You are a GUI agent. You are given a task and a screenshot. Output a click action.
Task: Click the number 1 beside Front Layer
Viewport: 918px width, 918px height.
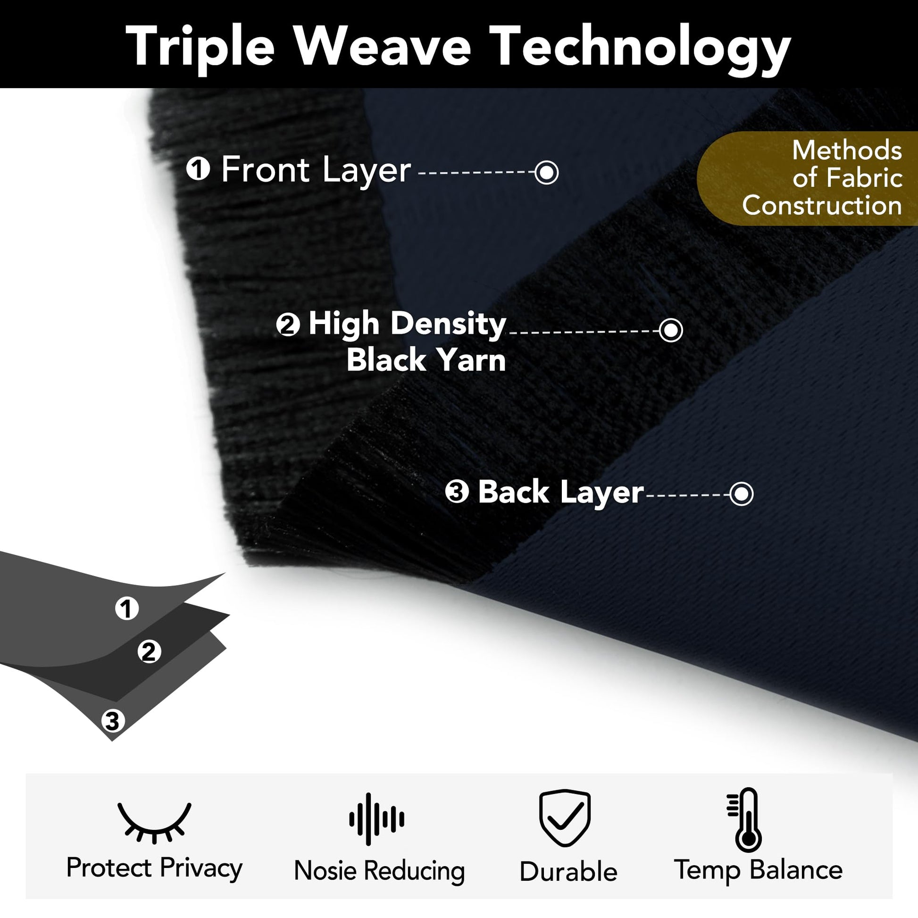pos(198,169)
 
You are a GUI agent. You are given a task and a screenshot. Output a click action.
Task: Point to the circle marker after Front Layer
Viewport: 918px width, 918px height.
pos(546,172)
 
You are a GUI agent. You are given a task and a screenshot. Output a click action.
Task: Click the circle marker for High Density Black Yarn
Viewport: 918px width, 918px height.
pos(671,330)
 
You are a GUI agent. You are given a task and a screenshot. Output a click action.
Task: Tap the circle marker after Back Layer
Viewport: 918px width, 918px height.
pos(741,494)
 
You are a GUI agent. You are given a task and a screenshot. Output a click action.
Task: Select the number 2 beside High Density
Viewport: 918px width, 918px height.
pos(288,325)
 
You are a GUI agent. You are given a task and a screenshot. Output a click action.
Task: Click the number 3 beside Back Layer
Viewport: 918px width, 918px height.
pos(457,492)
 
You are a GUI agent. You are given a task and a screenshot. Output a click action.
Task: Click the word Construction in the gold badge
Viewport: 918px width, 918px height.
pos(822,206)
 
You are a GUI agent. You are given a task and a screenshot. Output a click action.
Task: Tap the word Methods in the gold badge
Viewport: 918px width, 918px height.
pos(847,150)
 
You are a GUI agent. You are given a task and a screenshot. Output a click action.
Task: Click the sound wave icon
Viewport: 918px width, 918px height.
pos(377,819)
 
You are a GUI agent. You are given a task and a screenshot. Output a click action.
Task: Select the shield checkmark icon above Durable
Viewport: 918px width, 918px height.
pos(565,818)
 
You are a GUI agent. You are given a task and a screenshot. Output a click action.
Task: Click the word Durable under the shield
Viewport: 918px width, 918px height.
pos(568,872)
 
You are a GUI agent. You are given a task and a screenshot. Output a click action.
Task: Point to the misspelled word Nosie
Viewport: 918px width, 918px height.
pos(325,871)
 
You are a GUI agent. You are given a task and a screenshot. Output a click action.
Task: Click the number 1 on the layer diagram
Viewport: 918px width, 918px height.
pos(127,608)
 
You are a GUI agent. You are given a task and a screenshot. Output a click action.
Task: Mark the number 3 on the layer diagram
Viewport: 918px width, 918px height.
pos(113,721)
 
